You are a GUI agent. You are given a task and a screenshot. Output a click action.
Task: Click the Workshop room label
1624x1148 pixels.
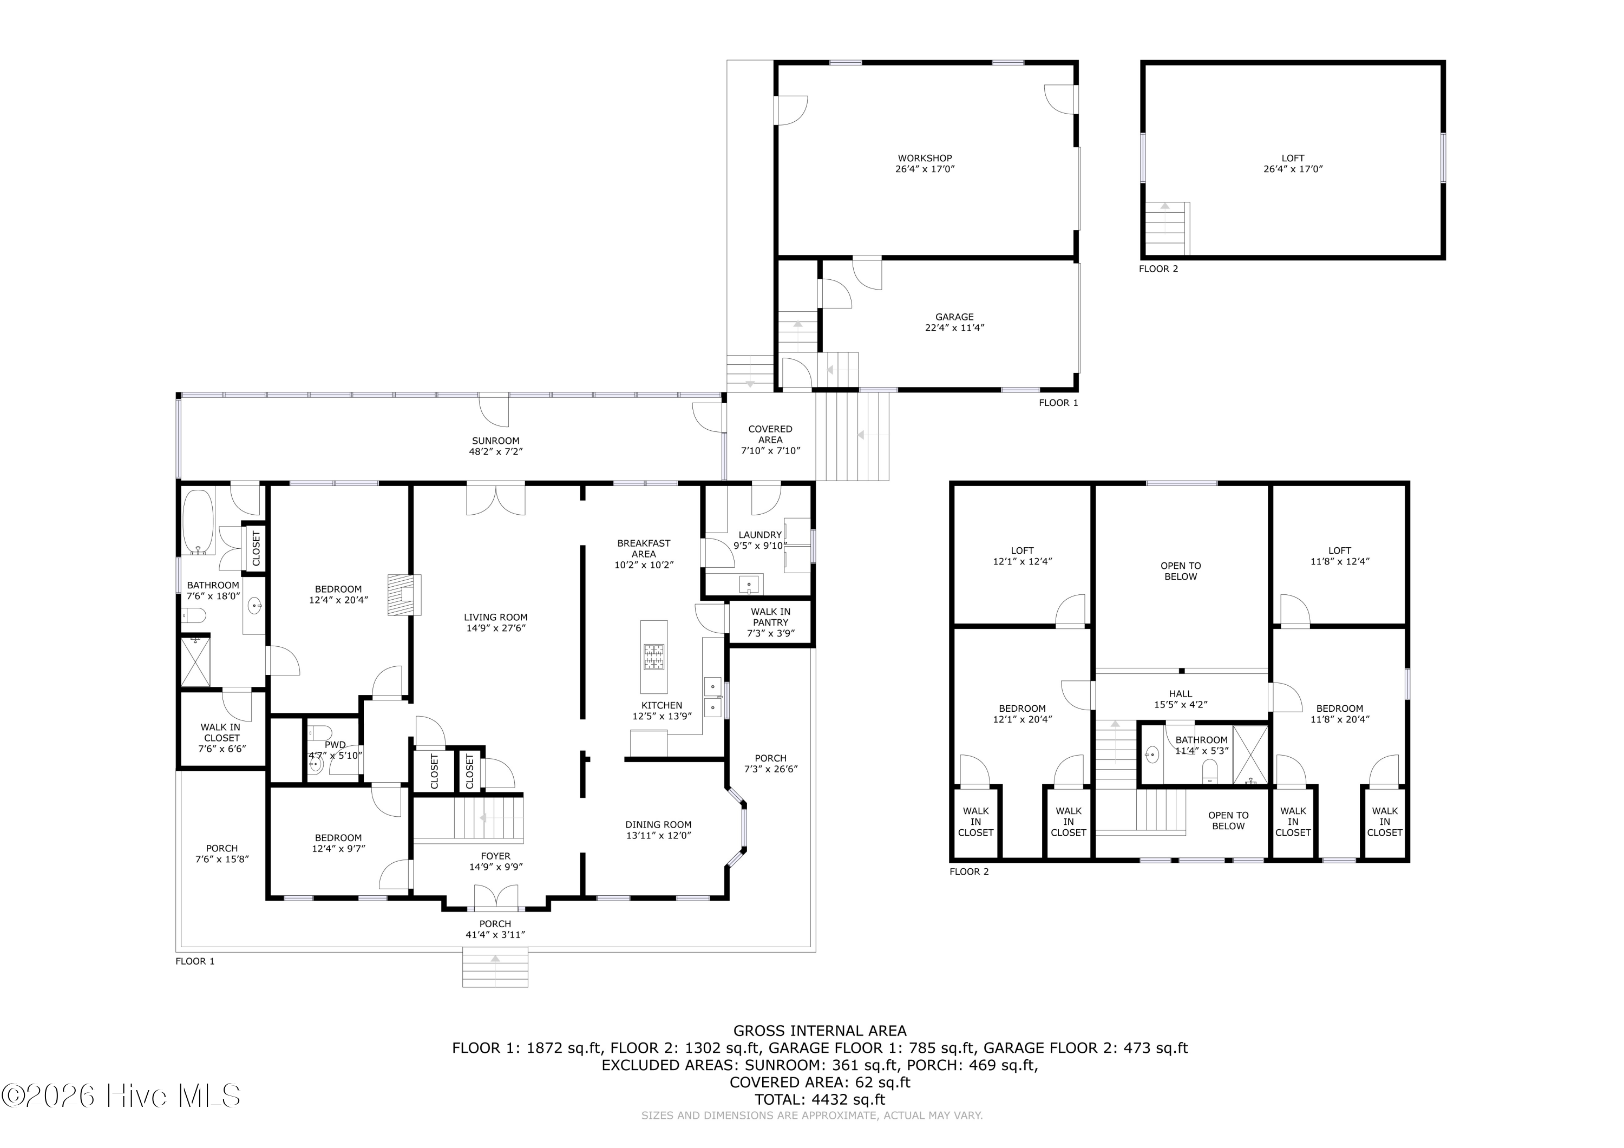tap(925, 163)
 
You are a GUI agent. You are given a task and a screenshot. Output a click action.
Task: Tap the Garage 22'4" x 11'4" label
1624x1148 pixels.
tap(954, 323)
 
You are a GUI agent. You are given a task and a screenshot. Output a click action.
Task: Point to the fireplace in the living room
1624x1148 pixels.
tap(404, 595)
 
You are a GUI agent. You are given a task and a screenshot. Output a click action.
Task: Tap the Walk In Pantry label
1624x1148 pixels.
tap(770, 622)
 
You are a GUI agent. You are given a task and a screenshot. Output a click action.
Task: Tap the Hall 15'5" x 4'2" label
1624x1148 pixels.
tap(1181, 699)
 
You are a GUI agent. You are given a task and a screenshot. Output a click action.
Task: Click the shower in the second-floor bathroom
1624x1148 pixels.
tap(1250, 755)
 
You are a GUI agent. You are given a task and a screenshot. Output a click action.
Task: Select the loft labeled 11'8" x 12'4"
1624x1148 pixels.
tap(1340, 555)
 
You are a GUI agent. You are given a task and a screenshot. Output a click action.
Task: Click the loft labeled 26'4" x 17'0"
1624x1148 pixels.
tap(1293, 163)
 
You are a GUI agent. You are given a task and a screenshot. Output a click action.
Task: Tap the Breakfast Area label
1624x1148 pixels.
tap(644, 554)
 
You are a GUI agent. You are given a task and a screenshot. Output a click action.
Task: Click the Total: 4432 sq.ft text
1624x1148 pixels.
tap(820, 1099)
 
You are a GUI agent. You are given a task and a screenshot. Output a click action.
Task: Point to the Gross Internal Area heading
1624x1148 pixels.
tap(820, 1031)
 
